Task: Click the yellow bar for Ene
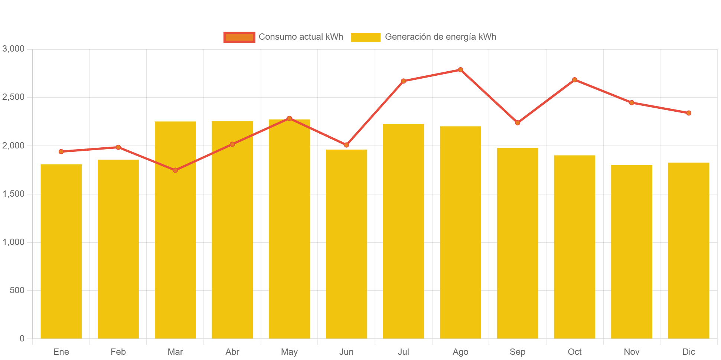[61, 251]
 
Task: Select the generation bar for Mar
[175, 230]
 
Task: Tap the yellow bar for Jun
[346, 244]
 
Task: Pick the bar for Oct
[574, 247]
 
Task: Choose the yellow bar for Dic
[688, 251]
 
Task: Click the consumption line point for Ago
[460, 70]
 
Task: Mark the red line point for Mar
[175, 170]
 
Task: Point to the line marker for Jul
[404, 81]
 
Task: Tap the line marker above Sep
[518, 123]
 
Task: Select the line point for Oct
[574, 80]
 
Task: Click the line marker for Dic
[689, 113]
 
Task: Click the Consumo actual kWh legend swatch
[239, 37]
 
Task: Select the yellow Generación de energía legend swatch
[365, 37]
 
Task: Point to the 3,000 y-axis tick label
[13, 49]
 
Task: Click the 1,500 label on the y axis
[13, 194]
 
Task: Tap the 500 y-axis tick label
[17, 290]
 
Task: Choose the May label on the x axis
[289, 352]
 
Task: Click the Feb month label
[118, 352]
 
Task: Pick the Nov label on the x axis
[632, 352]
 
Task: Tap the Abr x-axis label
[232, 352]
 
